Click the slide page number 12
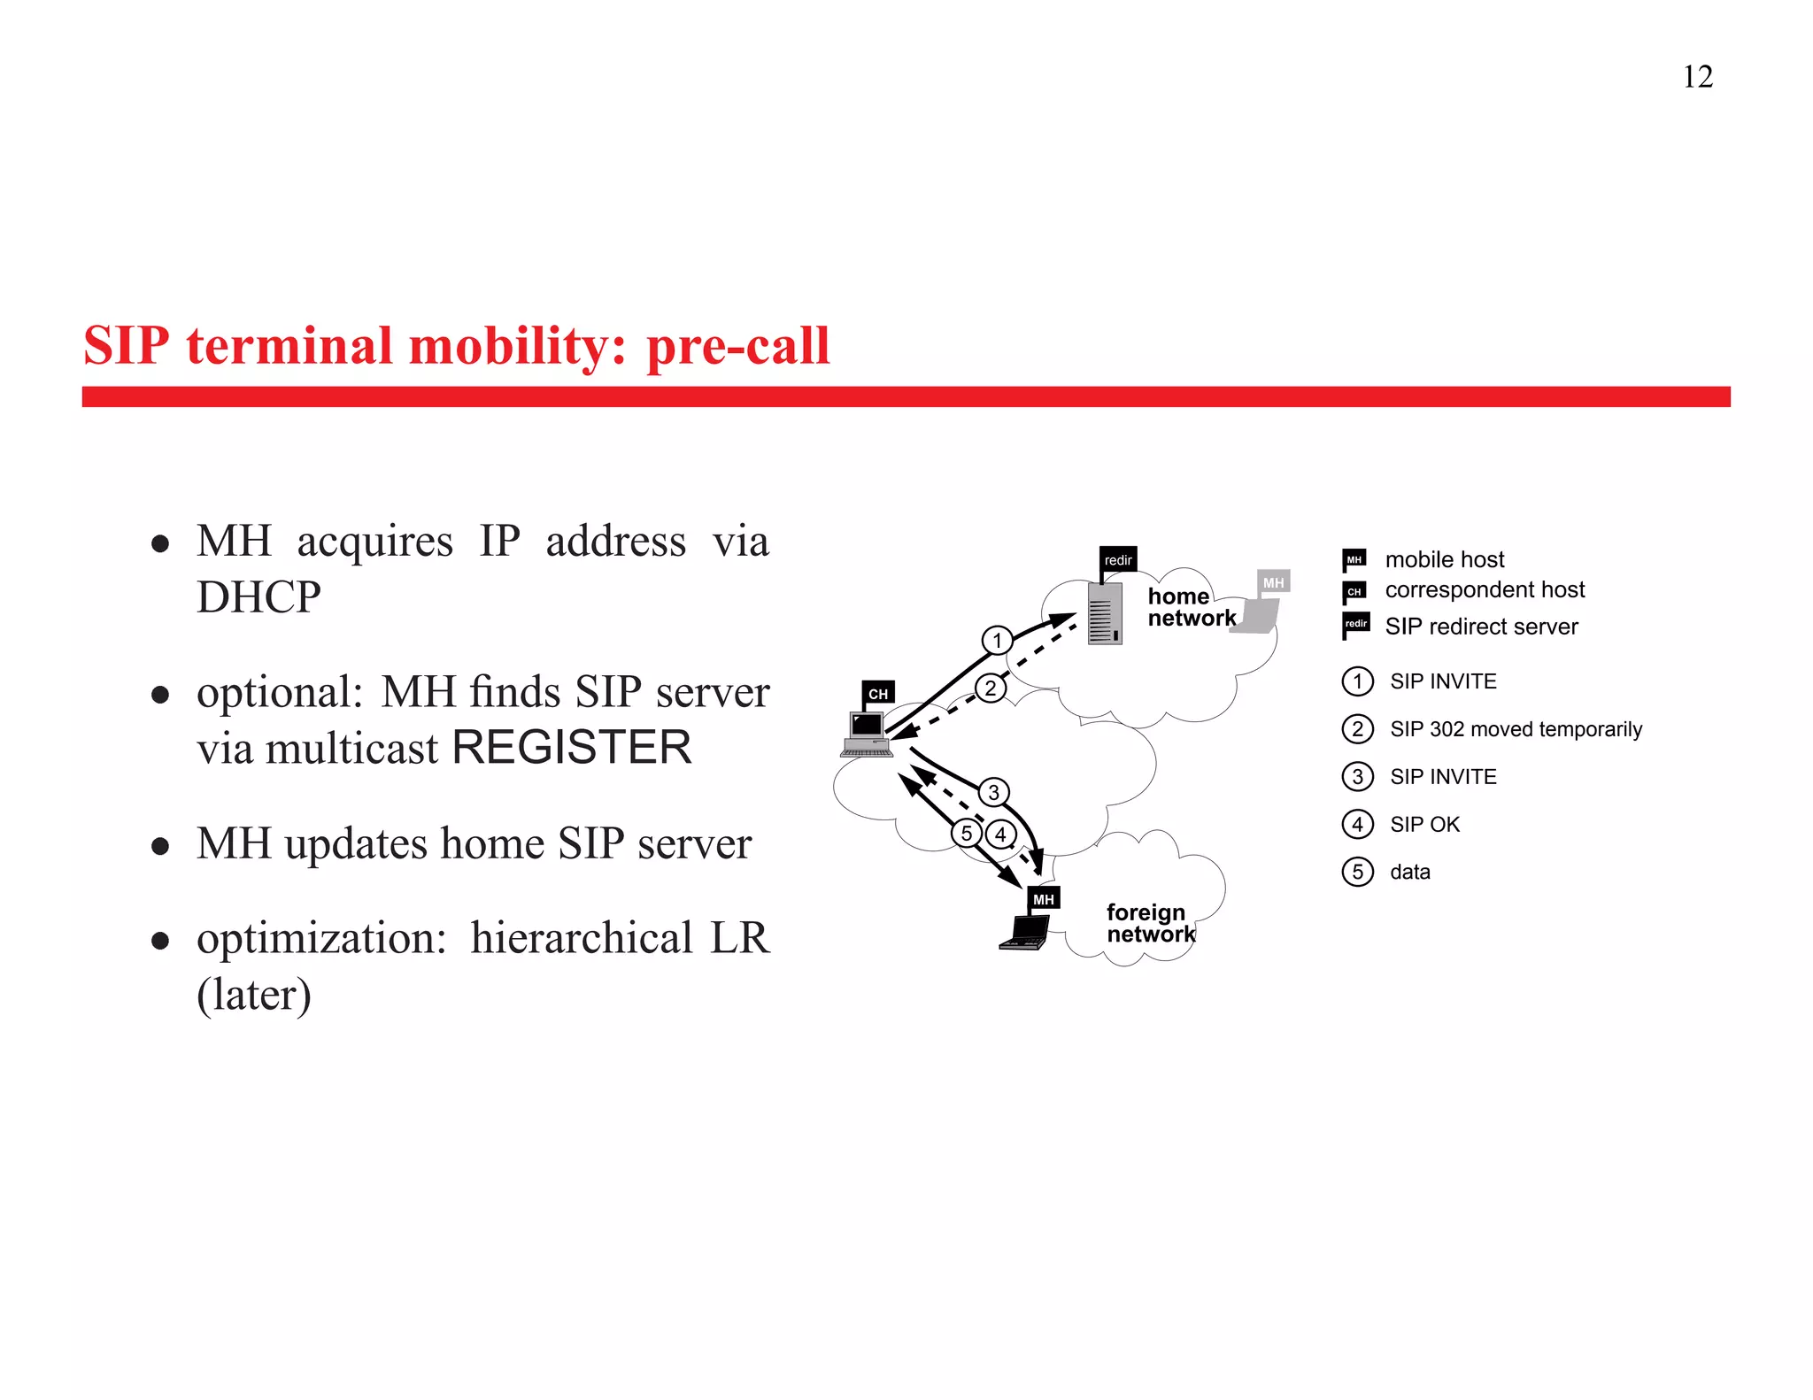click(x=1697, y=77)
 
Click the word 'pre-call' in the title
click(x=737, y=346)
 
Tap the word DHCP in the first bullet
click(x=258, y=596)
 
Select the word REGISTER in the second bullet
click(x=572, y=748)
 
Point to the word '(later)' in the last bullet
click(x=254, y=995)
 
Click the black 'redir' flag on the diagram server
click(x=1118, y=560)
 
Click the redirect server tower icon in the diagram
click(x=1105, y=612)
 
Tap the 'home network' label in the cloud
click(x=1191, y=607)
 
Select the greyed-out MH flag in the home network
click(x=1273, y=582)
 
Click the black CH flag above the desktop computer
click(x=878, y=694)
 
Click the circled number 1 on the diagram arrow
click(x=998, y=640)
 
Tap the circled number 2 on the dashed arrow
click(x=991, y=688)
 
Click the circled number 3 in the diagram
click(x=993, y=792)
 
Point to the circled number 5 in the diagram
click(x=967, y=833)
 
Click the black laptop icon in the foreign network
click(x=1027, y=932)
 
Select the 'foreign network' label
click(x=1149, y=923)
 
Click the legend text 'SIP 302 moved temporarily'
click(x=1516, y=729)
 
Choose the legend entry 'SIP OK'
click(x=1424, y=825)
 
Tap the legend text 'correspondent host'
click(x=1485, y=590)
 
